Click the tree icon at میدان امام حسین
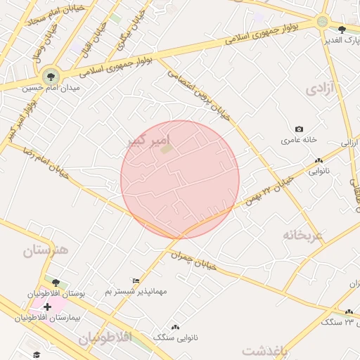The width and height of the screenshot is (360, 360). [50, 75]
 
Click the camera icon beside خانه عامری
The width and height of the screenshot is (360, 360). [299, 129]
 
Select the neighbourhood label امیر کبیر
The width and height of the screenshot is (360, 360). [148, 141]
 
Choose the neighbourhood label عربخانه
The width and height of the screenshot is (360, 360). [303, 234]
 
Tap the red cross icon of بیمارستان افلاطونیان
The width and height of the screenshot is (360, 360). [47, 307]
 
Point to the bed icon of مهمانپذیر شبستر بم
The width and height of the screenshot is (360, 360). [136, 281]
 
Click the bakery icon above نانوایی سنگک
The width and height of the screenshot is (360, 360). [174, 327]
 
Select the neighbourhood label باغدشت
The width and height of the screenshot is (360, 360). [265, 350]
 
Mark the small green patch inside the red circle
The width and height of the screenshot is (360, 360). [166, 149]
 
